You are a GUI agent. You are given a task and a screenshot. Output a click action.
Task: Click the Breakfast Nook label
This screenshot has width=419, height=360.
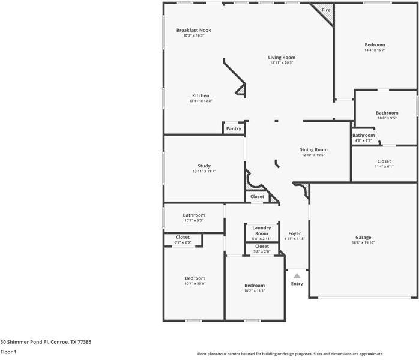coord(193,30)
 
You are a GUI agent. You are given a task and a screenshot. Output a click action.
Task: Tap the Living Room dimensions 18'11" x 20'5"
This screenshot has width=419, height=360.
coord(282,63)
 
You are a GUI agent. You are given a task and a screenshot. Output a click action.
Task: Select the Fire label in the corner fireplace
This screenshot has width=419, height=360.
coord(326,11)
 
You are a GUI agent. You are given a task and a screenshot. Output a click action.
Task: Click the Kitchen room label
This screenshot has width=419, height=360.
coord(200,96)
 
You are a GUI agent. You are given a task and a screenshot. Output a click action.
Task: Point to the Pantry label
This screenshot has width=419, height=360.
coord(234,128)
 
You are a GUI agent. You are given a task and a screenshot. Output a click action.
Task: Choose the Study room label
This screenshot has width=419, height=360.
coord(204,166)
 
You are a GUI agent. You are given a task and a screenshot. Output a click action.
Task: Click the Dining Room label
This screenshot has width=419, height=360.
coord(313,149)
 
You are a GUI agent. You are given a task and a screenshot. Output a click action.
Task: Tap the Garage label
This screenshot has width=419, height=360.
coord(363,238)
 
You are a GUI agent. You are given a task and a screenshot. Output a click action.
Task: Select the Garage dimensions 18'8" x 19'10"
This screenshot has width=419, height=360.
coord(363,243)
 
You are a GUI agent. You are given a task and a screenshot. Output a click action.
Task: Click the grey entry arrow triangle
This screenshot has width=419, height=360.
coord(297,275)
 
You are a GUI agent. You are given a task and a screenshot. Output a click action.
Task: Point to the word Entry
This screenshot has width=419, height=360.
coord(297,284)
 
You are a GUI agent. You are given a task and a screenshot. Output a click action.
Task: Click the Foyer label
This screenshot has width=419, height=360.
coord(294,233)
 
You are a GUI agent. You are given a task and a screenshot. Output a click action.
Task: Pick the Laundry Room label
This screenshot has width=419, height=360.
coord(261,230)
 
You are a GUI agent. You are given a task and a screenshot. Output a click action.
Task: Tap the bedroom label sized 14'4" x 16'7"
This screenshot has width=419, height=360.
coord(375,45)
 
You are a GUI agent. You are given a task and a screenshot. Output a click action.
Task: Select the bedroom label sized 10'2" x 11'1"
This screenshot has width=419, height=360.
coord(254,285)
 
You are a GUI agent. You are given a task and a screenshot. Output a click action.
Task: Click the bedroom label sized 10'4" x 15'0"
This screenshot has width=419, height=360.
coord(195,278)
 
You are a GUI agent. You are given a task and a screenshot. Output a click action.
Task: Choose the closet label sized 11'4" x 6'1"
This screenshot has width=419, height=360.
coord(384,161)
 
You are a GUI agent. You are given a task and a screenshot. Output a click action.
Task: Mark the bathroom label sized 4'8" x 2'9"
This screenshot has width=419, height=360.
coord(363,136)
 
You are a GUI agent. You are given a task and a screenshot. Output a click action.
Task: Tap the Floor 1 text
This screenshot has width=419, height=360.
coord(8,352)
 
